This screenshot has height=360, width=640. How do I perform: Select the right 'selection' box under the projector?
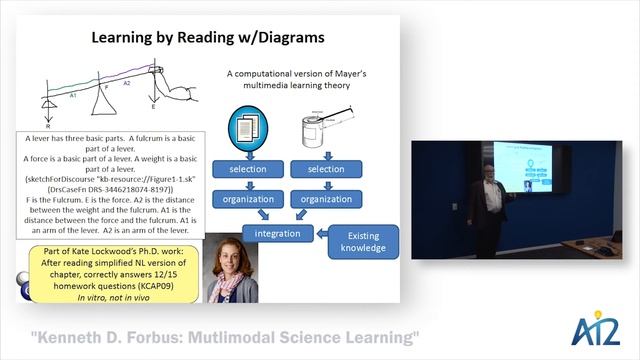click(x=326, y=168)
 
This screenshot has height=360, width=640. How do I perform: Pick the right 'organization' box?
click(x=326, y=198)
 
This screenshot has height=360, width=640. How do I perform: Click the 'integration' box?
click(x=277, y=233)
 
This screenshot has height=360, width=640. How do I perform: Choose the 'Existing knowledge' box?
click(x=363, y=241)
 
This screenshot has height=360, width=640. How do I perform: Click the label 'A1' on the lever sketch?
click(x=74, y=96)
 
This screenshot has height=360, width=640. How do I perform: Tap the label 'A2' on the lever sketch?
click(x=126, y=85)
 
